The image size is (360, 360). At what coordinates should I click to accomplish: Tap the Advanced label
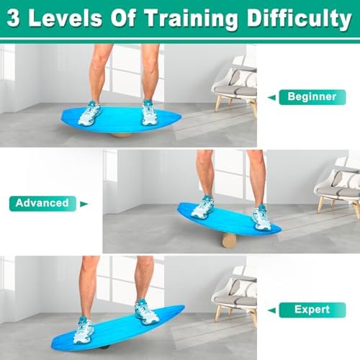[x=41, y=203]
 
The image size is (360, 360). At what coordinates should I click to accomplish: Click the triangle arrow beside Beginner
[x=271, y=96]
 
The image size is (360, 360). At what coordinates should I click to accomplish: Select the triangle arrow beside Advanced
[x=84, y=204]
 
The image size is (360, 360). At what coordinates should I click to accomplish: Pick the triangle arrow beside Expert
[x=272, y=310]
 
